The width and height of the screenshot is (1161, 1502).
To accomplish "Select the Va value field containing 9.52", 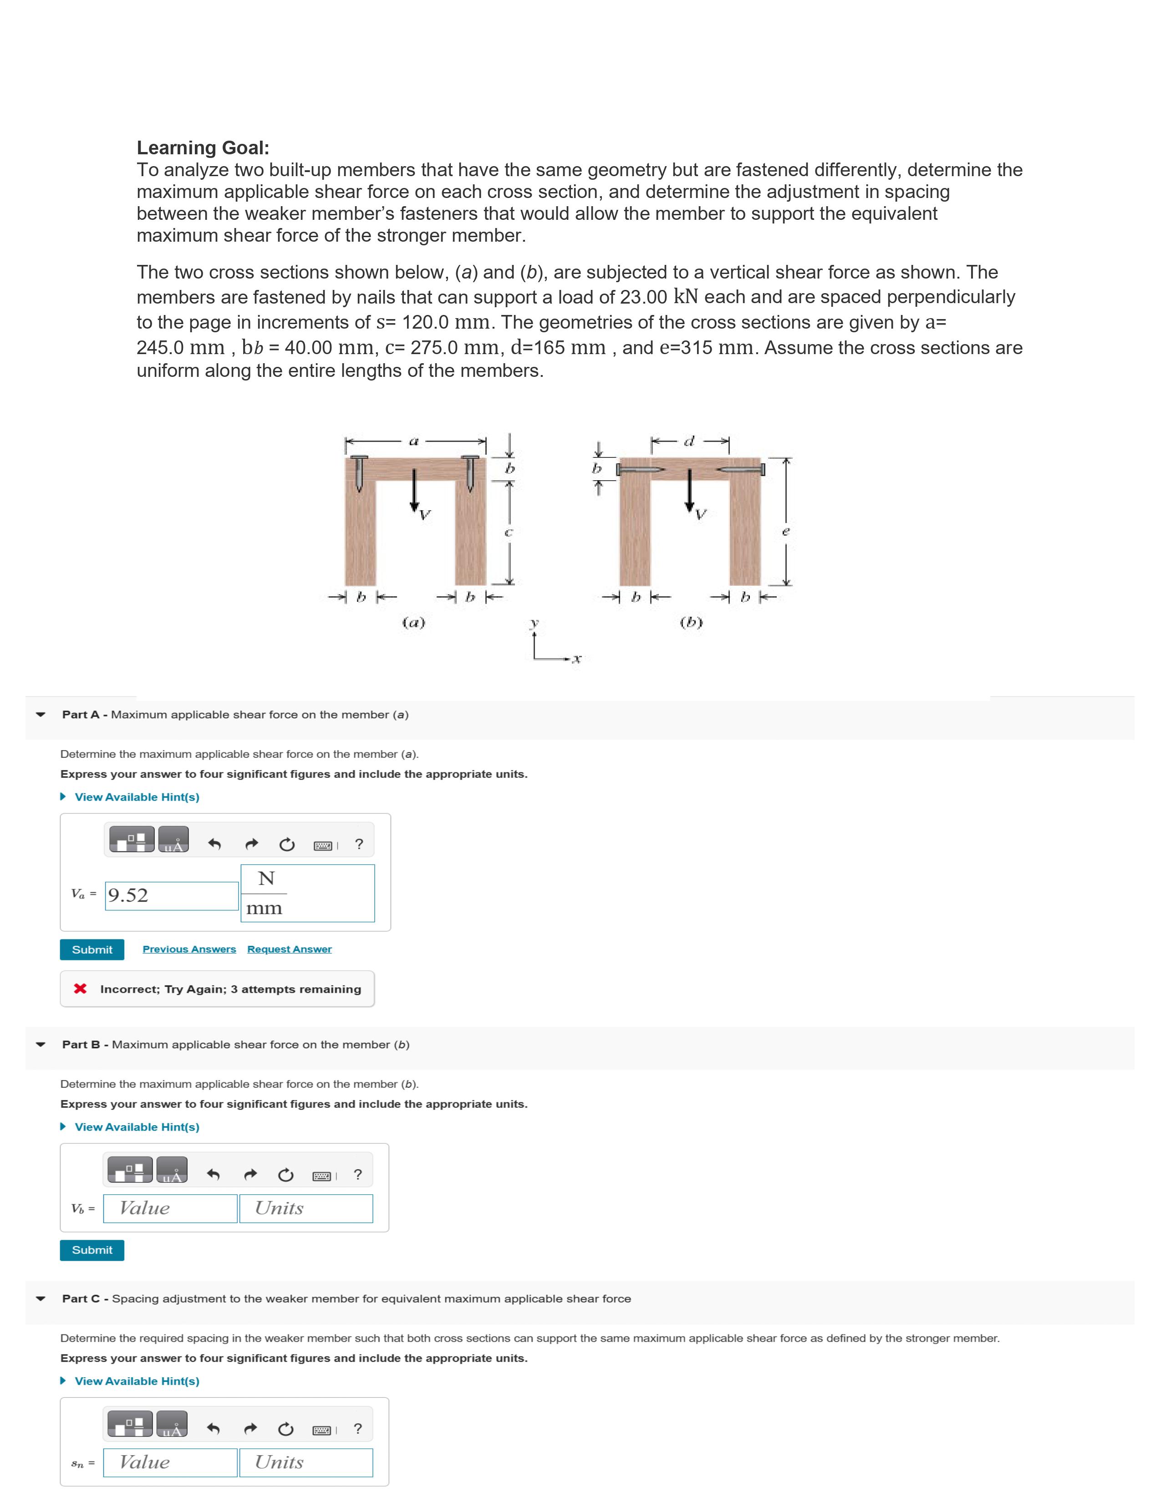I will [172, 895].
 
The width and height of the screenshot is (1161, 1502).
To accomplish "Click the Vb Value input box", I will [171, 1208].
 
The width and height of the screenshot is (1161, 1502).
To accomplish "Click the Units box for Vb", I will [306, 1208].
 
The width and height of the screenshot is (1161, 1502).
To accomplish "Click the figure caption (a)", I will [413, 622].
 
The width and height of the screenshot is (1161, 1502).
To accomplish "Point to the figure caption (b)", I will [691, 622].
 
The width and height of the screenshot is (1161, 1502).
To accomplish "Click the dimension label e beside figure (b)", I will [786, 531].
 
